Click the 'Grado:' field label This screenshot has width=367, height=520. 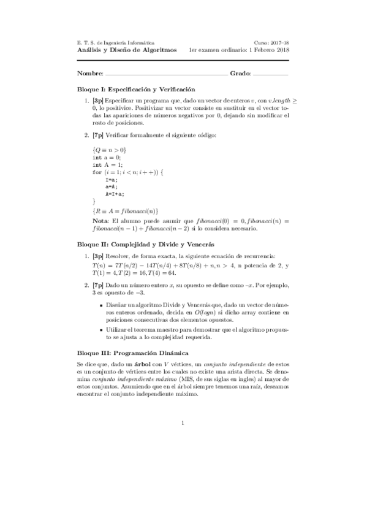240,74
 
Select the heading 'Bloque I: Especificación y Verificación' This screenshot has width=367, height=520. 136,89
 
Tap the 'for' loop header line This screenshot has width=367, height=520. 129,172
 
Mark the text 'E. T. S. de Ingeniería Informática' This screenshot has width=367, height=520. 115,42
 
